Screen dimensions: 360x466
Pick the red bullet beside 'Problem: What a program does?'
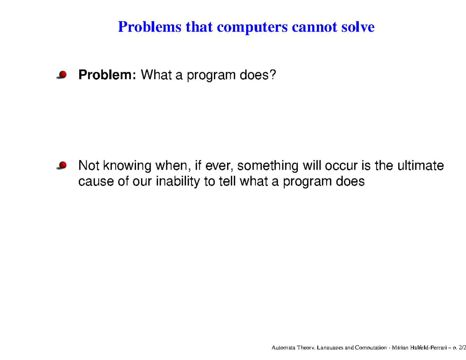coord(62,75)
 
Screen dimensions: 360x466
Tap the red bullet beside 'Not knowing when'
coord(62,166)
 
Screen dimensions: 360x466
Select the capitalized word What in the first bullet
coord(156,75)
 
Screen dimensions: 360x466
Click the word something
coord(268,166)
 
